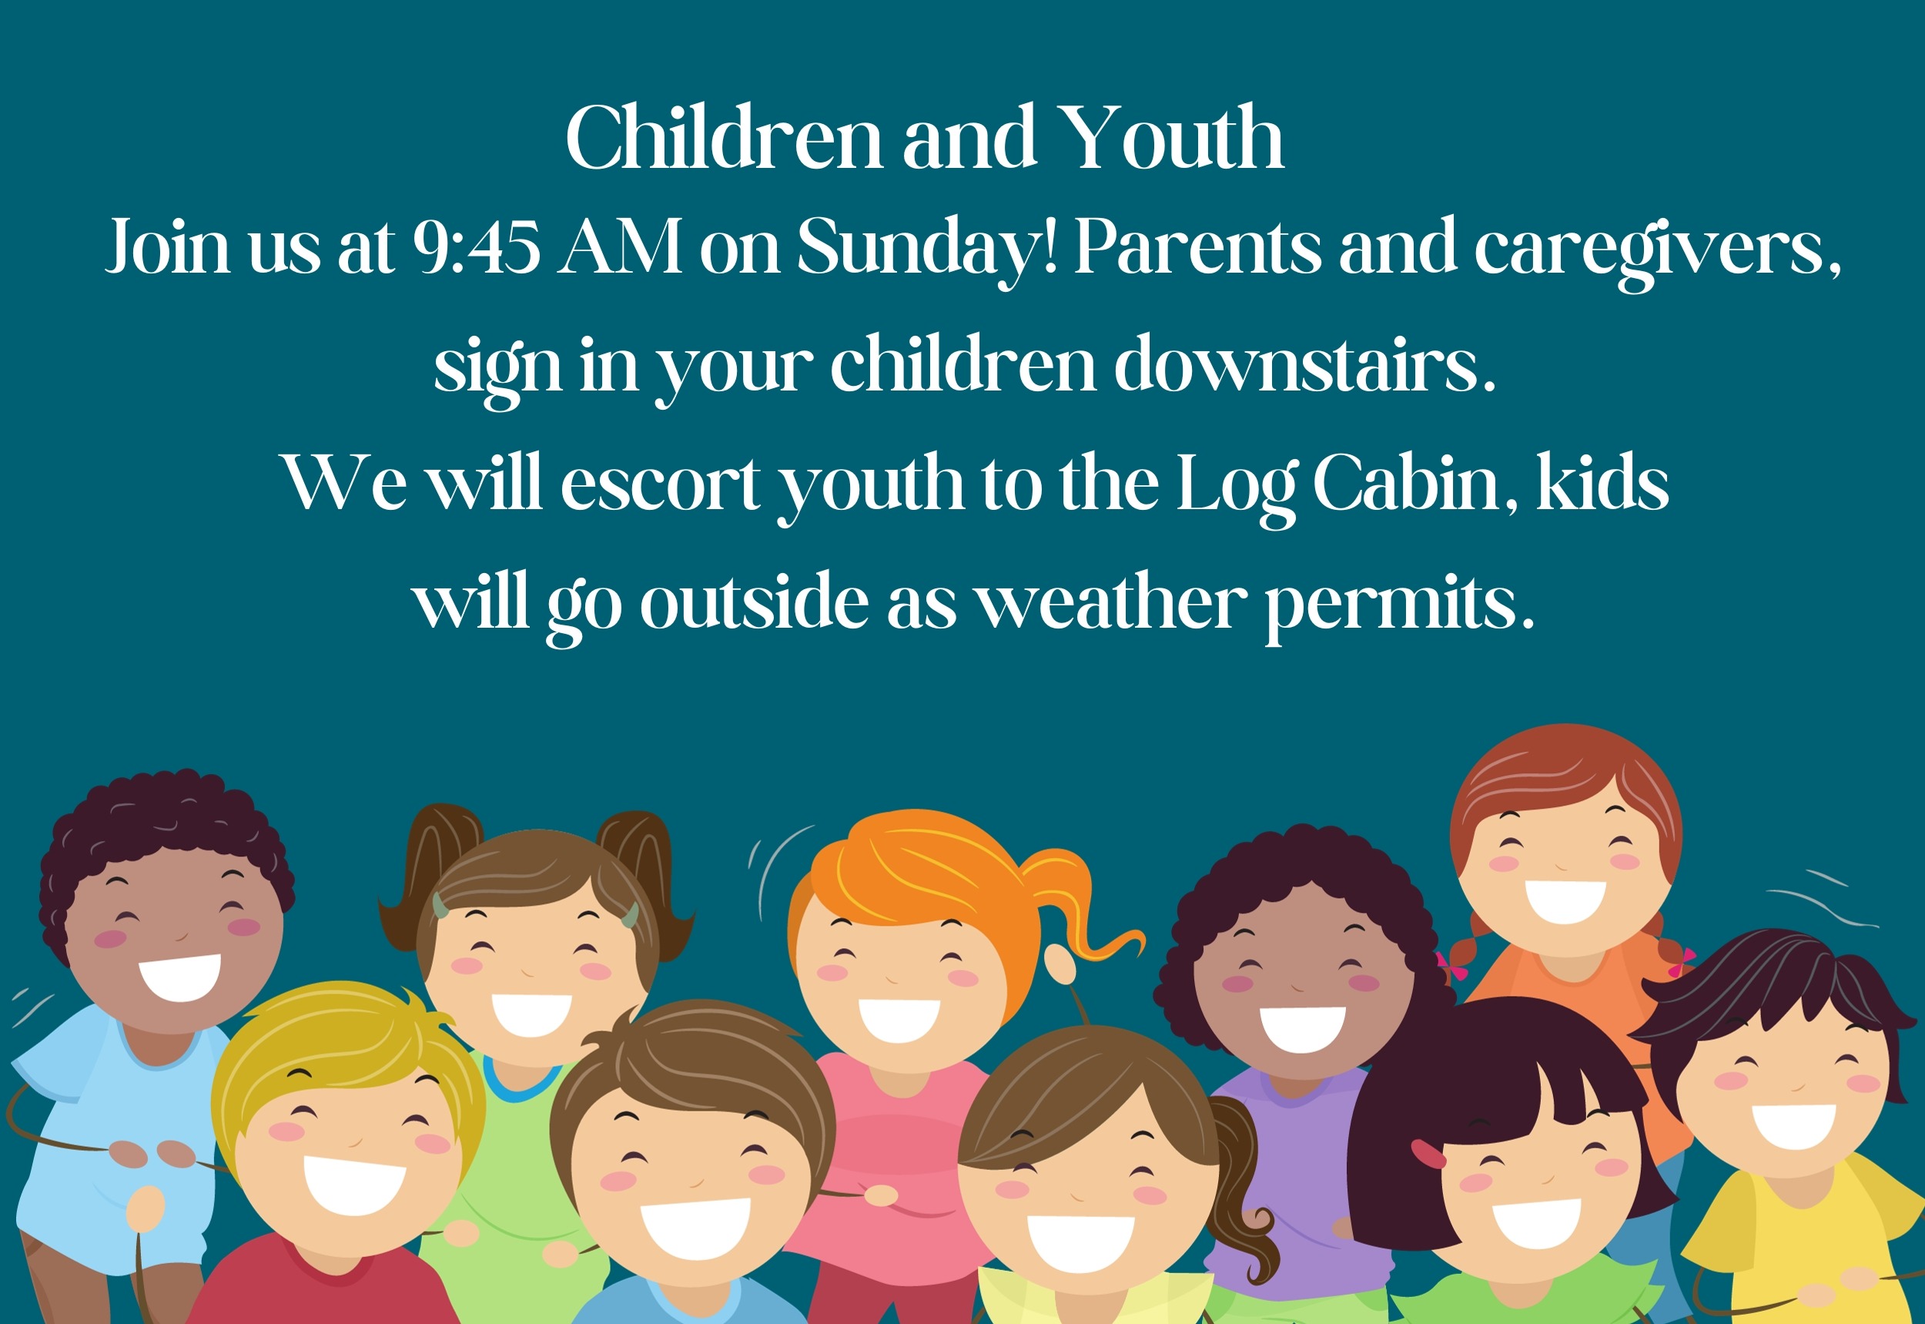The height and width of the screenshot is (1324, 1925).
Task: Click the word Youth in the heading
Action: click(1172, 138)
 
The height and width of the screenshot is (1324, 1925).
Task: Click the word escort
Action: click(660, 484)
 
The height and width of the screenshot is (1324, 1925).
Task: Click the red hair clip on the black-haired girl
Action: click(1428, 1152)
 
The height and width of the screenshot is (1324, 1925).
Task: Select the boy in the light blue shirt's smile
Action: click(179, 977)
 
